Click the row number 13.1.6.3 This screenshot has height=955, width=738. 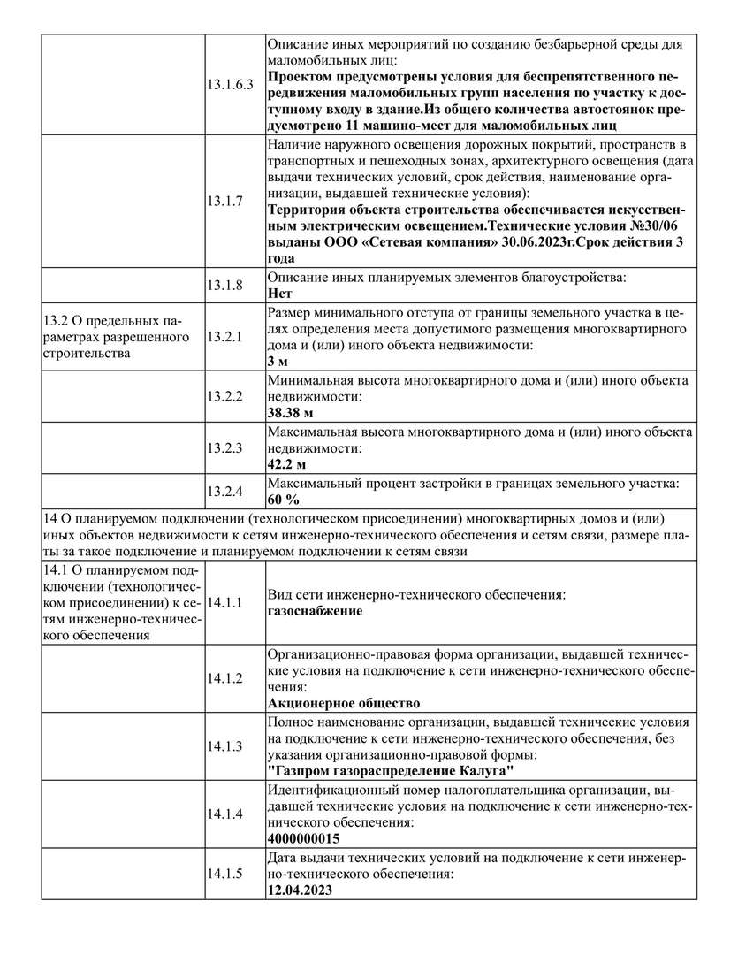[230, 85]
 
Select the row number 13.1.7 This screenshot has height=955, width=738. [224, 201]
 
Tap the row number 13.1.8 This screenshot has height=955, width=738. [224, 285]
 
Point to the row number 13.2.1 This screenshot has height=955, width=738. [224, 337]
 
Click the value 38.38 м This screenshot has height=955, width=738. [291, 412]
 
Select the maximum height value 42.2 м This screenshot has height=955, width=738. [286, 463]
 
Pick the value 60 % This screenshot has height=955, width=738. [284, 500]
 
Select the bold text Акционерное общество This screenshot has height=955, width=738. [343, 703]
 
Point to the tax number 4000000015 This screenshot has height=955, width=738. [303, 838]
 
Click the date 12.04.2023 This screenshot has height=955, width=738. [299, 890]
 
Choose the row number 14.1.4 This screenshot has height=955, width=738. [224, 814]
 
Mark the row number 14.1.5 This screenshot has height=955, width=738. [224, 874]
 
